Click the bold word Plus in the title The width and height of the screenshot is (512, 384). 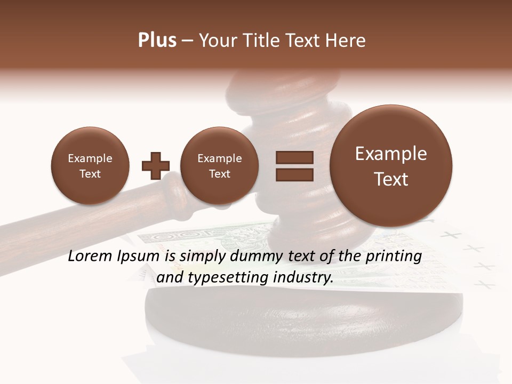(157, 41)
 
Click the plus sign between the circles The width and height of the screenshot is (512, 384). (155, 166)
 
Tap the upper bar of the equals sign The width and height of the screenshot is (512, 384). (294, 157)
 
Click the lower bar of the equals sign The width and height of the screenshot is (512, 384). (294, 174)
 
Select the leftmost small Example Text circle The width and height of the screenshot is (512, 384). (90, 166)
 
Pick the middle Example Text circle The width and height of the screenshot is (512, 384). (219, 166)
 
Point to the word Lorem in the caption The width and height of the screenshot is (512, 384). (90, 257)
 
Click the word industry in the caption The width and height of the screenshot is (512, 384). (303, 278)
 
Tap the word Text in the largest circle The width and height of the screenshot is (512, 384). (391, 179)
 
